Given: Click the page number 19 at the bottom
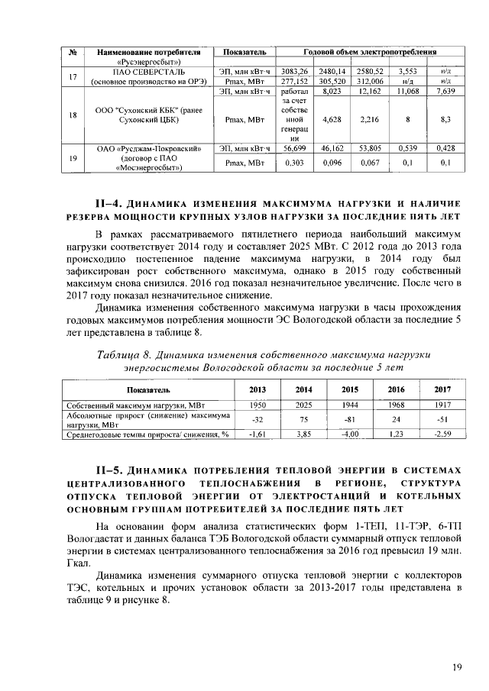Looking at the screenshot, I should tap(456, 668).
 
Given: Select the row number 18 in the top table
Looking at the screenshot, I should tap(73, 115).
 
